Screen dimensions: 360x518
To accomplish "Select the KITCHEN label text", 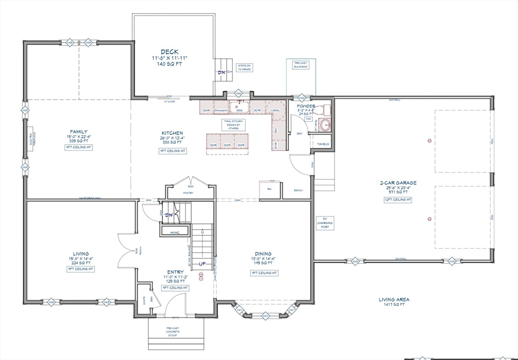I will tap(172, 133).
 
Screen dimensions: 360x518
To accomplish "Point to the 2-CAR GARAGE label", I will tap(399, 183).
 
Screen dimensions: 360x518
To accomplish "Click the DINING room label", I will tap(263, 254).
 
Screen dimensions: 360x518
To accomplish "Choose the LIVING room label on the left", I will tap(81, 254).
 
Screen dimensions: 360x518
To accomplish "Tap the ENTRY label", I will tap(175, 272).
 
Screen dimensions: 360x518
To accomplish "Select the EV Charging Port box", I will tap(324, 222).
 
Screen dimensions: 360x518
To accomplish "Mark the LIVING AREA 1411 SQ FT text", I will tap(394, 302).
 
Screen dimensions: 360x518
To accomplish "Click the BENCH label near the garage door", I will tap(298, 191).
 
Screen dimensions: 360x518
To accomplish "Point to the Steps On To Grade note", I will tap(244, 67).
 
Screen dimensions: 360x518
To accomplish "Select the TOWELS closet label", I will tap(323, 144).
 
